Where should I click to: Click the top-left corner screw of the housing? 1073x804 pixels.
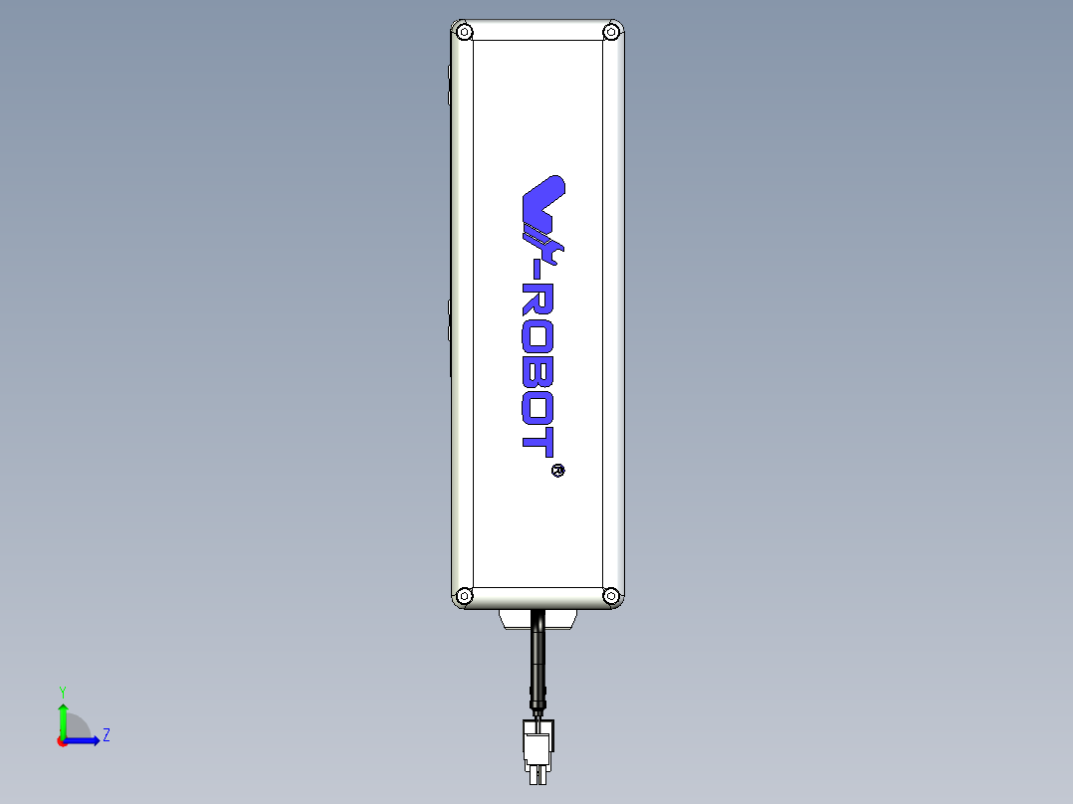click(x=464, y=32)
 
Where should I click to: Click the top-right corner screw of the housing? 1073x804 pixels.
click(x=611, y=32)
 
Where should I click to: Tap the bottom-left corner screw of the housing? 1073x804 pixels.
click(x=464, y=596)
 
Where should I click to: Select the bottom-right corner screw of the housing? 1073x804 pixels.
click(x=611, y=596)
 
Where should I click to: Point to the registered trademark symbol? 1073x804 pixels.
click(x=557, y=470)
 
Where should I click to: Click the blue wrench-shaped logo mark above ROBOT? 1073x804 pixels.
click(x=542, y=209)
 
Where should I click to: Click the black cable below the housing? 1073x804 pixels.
click(x=537, y=662)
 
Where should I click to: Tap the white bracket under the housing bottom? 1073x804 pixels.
click(x=537, y=620)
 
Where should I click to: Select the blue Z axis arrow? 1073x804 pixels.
click(x=85, y=740)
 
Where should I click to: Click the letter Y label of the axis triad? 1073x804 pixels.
click(x=62, y=691)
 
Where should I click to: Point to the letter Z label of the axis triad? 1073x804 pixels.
click(x=106, y=736)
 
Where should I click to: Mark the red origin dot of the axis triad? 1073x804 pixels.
click(x=62, y=741)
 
